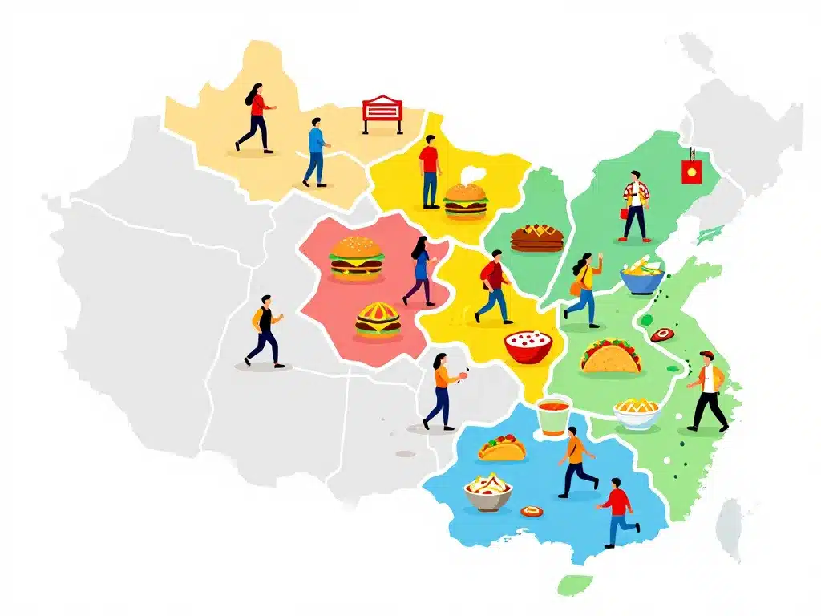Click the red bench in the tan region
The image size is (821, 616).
(382, 113)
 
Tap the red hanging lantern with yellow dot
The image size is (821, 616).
(689, 169)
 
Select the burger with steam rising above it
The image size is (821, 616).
(465, 200)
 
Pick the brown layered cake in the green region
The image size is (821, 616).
(536, 237)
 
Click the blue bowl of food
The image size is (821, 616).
(641, 277)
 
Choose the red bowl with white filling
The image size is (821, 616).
(528, 346)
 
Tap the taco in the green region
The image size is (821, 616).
(611, 356)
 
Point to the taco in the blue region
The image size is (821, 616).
(502, 448)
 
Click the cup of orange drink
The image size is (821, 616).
(552, 416)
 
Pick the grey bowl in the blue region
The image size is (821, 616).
(487, 492)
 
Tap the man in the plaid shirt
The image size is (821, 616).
(635, 206)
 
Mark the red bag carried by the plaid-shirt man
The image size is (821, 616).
(623, 213)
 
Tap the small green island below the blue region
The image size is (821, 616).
(574, 584)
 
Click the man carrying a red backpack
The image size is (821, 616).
(494, 286)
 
